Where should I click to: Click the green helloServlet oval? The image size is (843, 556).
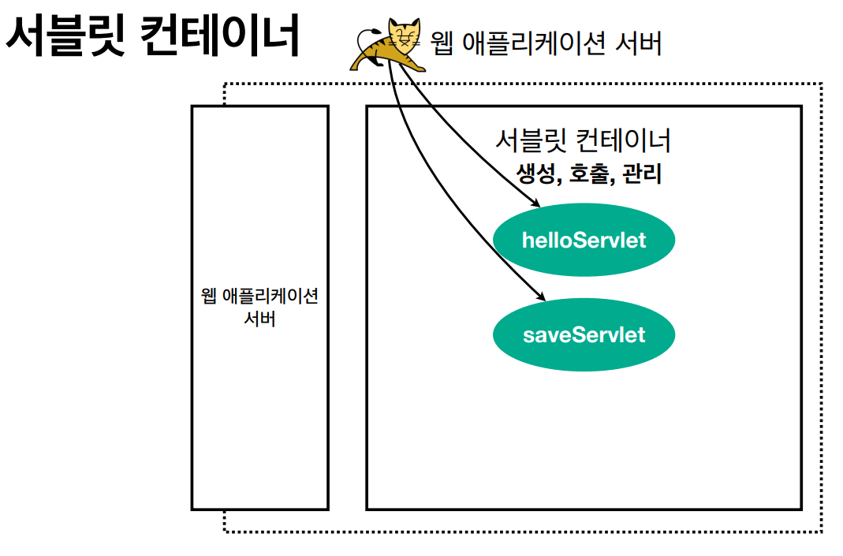[584, 240]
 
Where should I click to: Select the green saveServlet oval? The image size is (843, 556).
[584, 334]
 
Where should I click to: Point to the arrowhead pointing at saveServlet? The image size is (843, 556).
[542, 297]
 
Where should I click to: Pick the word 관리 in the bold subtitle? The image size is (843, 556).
[641, 174]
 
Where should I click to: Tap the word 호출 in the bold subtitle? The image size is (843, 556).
[589, 174]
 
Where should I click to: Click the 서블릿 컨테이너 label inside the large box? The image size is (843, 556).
[583, 140]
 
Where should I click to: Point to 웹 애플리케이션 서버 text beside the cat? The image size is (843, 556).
[546, 42]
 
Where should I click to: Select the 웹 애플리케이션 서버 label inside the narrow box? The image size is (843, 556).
[259, 307]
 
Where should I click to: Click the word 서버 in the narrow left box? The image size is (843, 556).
[259, 319]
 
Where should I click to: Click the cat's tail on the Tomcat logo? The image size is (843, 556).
[364, 39]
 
